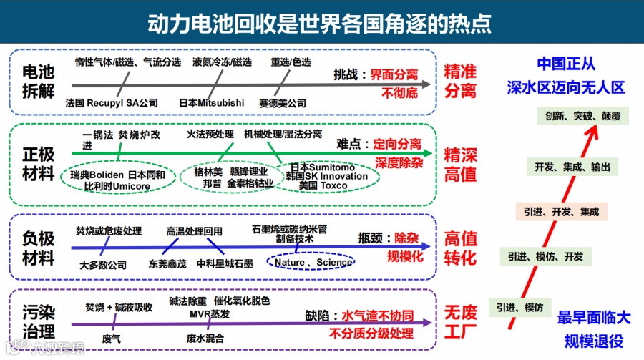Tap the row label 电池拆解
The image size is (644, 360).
click(37, 82)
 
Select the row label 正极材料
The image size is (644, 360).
click(37, 163)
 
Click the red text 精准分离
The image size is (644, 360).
click(459, 82)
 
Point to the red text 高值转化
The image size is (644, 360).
click(459, 248)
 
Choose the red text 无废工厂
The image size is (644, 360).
click(459, 322)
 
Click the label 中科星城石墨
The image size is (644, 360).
click(225, 264)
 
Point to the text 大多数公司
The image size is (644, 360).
click(102, 264)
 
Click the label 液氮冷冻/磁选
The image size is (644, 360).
click(222, 62)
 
